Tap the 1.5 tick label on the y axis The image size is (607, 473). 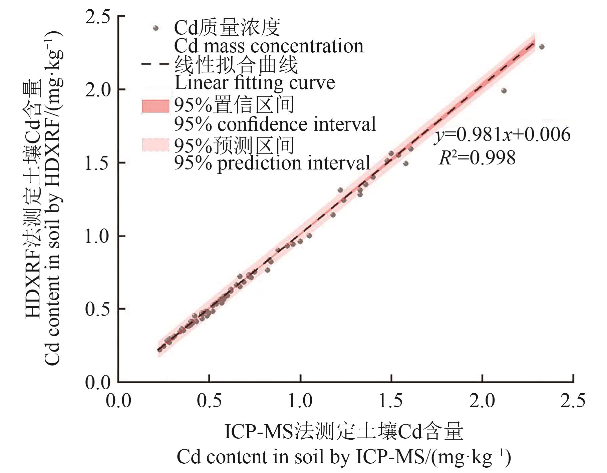[x=97, y=163]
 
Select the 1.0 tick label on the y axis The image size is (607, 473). [x=97, y=236]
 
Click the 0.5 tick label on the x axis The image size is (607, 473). [x=209, y=400]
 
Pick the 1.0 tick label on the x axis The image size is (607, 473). [x=300, y=400]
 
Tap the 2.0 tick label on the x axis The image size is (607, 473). [x=482, y=400]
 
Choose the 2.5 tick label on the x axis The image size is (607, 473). [x=573, y=400]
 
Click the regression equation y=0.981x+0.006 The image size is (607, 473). [x=503, y=135]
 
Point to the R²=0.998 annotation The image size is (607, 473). [x=477, y=158]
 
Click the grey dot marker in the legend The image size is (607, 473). [x=156, y=28]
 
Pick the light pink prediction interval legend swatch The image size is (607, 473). [x=156, y=145]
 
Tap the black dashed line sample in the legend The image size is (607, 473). [x=156, y=63]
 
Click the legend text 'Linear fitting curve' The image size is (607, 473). [x=255, y=83]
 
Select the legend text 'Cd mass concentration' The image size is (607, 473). [x=269, y=46]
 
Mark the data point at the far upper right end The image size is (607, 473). [x=542, y=47]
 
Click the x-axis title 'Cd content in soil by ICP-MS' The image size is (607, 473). [x=344, y=457]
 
